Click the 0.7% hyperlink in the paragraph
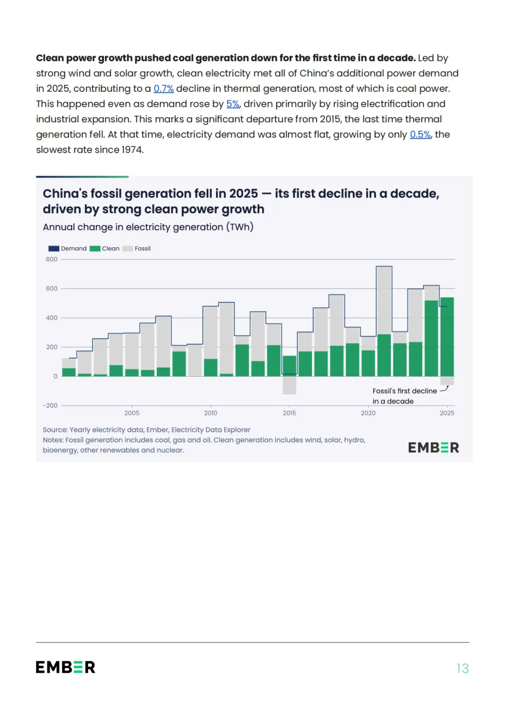[164, 88]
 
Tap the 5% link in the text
[233, 104]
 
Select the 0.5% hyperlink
[420, 134]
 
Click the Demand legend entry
[68, 248]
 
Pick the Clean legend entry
[105, 248]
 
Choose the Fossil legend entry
[137, 248]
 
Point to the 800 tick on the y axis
[51, 259]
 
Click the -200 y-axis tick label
[50, 405]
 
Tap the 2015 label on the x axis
[289, 413]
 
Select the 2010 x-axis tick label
[211, 413]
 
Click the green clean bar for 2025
[447, 337]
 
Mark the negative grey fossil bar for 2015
[289, 385]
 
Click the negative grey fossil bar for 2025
[447, 381]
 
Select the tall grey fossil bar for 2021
[384, 300]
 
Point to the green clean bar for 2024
[431, 339]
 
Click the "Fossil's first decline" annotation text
[404, 391]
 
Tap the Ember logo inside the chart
[433, 448]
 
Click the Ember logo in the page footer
[65, 667]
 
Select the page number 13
[462, 668]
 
